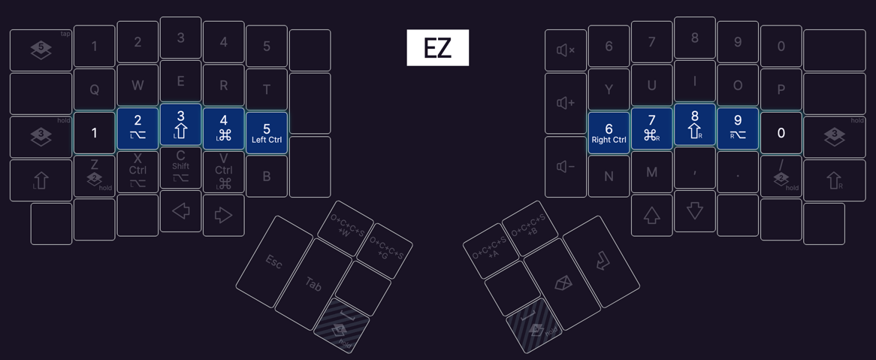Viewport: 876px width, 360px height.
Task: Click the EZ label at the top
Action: point(437,48)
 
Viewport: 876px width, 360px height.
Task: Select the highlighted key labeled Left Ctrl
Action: point(266,133)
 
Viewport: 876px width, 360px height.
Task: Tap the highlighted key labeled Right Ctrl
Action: point(609,133)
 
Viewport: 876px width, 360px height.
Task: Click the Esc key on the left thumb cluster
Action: point(274,262)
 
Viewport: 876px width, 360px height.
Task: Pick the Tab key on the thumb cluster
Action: point(313,284)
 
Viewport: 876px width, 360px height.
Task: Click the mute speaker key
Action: point(566,50)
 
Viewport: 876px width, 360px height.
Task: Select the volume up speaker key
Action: point(566,103)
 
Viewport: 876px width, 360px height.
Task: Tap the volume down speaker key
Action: point(566,167)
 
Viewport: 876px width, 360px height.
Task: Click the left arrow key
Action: point(180,212)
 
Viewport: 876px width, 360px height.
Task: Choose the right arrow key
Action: point(223,215)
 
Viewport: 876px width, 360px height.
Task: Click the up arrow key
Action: point(651,215)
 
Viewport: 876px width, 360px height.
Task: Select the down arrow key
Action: point(694,210)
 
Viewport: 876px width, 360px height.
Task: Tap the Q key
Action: point(94,89)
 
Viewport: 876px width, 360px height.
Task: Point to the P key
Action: point(781,89)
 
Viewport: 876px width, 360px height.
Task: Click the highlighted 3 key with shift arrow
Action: point(180,124)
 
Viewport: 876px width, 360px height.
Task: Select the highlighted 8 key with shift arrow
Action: point(694,124)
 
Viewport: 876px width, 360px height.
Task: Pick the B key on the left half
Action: point(266,177)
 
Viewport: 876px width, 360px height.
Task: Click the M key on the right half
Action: point(651,173)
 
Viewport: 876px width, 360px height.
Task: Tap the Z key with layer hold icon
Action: point(94,176)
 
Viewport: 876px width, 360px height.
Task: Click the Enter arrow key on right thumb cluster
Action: point(601,262)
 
